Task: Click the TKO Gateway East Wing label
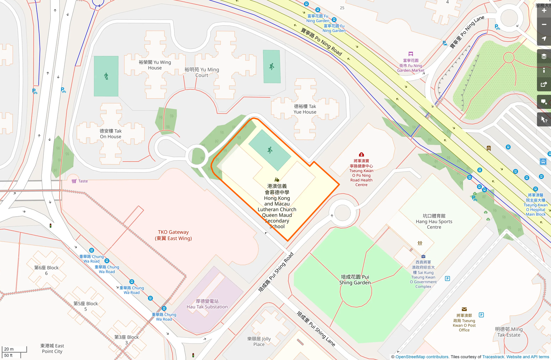pyautogui.click(x=173, y=235)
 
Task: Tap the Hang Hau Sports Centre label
pyautogui.click(x=434, y=221)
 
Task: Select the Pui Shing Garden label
pyautogui.click(x=355, y=280)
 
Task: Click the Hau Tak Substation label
pyautogui.click(x=207, y=304)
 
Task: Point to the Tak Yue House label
pyautogui.click(x=305, y=109)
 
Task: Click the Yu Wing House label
pyautogui.click(x=155, y=65)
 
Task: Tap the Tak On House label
pyautogui.click(x=111, y=134)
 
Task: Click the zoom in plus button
pyautogui.click(x=544, y=11)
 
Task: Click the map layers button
pyautogui.click(x=544, y=56)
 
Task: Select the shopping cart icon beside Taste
pyautogui.click(x=74, y=181)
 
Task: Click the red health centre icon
pyautogui.click(x=361, y=155)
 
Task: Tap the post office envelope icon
pyautogui.click(x=464, y=309)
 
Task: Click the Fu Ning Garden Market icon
pyautogui.click(x=411, y=54)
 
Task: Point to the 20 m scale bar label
pyautogui.click(x=9, y=349)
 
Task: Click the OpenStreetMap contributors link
pyautogui.click(x=422, y=357)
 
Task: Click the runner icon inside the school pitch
pyautogui.click(x=270, y=150)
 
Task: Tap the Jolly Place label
pyautogui.click(x=259, y=342)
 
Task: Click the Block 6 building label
pyautogui.click(x=46, y=270)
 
